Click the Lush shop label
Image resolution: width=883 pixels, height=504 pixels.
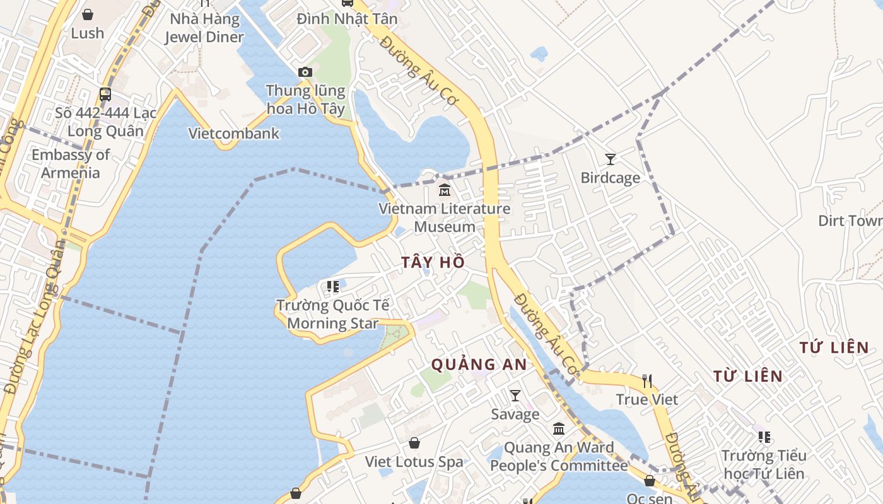[x=87, y=33]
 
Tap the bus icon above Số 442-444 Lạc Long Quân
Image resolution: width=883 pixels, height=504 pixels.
[x=105, y=94]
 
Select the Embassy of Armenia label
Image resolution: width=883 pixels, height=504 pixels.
[x=71, y=163]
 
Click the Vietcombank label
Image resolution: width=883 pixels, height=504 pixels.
[x=234, y=134]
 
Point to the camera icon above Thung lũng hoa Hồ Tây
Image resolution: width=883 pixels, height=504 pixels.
[x=305, y=72]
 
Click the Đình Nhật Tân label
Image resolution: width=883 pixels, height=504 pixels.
[x=348, y=19]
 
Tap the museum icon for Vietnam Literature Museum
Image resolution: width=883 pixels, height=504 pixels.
[x=445, y=189]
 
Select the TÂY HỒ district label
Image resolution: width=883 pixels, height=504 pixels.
[x=433, y=262]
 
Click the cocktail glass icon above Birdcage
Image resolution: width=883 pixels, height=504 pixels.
[x=610, y=159]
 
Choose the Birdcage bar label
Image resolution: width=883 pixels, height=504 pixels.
[x=610, y=178]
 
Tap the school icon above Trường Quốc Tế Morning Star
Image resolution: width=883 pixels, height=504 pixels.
[x=333, y=287]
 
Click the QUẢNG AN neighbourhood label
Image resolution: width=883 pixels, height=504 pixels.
[x=479, y=364]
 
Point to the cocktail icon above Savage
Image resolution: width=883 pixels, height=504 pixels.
[x=515, y=396]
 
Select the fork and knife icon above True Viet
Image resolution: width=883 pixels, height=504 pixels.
[x=646, y=381]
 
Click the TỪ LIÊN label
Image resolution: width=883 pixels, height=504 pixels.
[x=748, y=377]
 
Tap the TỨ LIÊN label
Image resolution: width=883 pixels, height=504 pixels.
[x=834, y=347]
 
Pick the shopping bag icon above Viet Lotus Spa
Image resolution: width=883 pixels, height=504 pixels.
[x=414, y=443]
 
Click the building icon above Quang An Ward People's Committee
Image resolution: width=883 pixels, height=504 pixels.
[x=559, y=429]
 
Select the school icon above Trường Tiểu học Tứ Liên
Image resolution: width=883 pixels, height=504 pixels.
[x=764, y=437]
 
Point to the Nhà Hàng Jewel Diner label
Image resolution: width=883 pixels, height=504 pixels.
[x=204, y=28]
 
